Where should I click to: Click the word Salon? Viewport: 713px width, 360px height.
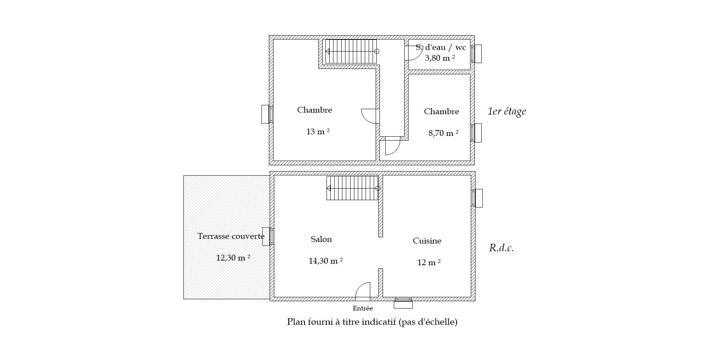pyautogui.click(x=321, y=239)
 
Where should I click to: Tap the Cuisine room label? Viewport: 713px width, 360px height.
pyautogui.click(x=427, y=241)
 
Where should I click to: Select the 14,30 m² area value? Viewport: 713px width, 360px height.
pyautogui.click(x=326, y=261)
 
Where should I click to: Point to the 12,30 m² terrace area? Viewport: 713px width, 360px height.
pyautogui.click(x=233, y=257)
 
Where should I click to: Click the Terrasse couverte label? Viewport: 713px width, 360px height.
pyautogui.click(x=231, y=236)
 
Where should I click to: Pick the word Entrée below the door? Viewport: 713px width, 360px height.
pyautogui.click(x=363, y=309)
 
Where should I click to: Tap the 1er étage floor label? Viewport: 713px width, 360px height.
pyautogui.click(x=507, y=111)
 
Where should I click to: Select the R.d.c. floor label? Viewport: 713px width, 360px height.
pyautogui.click(x=501, y=248)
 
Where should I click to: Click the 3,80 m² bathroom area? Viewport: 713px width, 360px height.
pyautogui.click(x=440, y=58)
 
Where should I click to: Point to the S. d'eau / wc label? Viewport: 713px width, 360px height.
pyautogui.click(x=441, y=47)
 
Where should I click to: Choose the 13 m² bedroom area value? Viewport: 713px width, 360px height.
pyautogui.click(x=318, y=132)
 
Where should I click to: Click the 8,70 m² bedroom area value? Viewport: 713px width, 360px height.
pyautogui.click(x=443, y=133)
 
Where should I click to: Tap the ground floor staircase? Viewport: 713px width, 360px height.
pyautogui.click(x=352, y=188)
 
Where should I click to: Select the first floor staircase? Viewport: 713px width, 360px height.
pyautogui.click(x=351, y=51)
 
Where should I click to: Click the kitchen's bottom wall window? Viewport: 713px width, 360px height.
pyautogui.click(x=403, y=303)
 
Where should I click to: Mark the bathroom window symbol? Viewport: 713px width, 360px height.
pyautogui.click(x=476, y=54)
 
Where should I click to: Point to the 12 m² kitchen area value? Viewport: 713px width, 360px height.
pyautogui.click(x=429, y=262)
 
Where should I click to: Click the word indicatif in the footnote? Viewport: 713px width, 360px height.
pyautogui.click(x=378, y=322)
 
